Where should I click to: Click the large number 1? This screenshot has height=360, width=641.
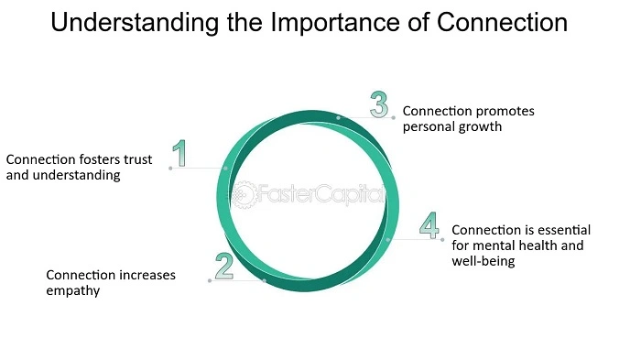point(179,153)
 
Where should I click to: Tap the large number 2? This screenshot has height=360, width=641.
point(224,266)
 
